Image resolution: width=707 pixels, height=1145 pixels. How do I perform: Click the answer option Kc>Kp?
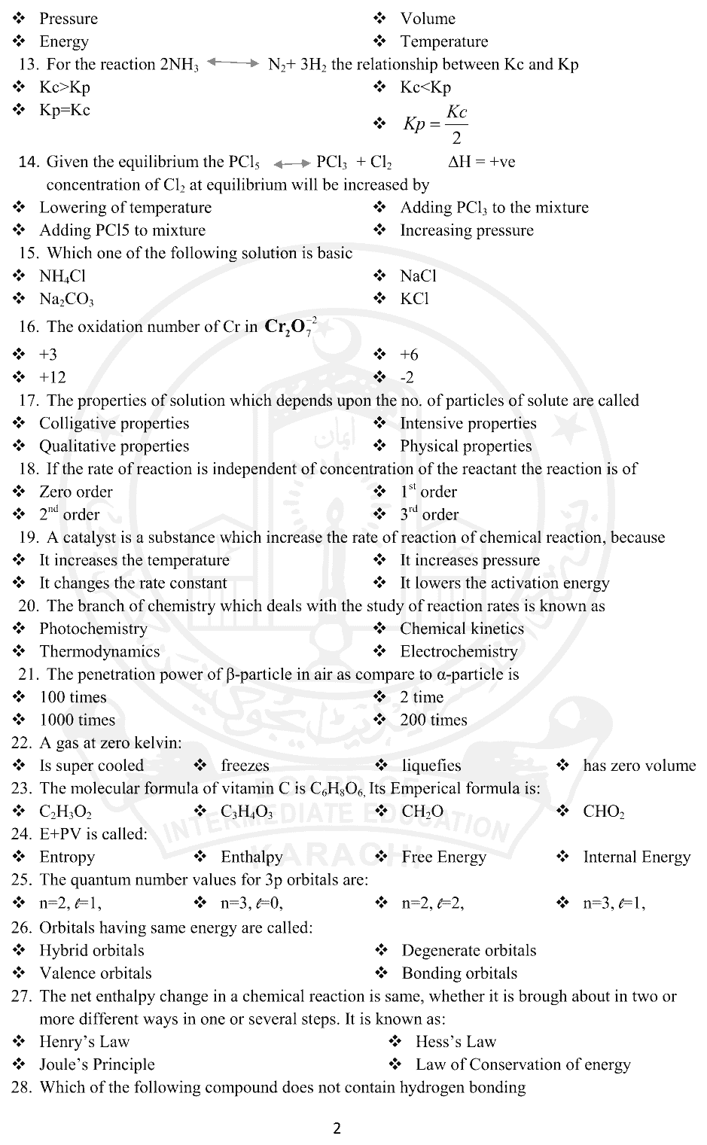(x=64, y=87)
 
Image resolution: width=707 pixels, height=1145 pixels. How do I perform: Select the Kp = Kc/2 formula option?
(x=436, y=124)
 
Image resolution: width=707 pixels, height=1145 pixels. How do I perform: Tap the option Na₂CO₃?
(x=66, y=299)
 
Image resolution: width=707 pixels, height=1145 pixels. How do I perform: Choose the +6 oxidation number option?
(x=409, y=355)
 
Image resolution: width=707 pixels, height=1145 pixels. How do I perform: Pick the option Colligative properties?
(x=114, y=423)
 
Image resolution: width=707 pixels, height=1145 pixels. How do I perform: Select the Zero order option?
(x=75, y=492)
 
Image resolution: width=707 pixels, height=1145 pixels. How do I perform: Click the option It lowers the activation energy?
(x=504, y=583)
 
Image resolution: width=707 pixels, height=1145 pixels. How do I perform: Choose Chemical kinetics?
(x=462, y=629)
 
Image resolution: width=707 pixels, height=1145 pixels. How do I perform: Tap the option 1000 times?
(x=77, y=720)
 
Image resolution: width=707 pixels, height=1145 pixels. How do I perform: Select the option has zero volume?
(x=638, y=766)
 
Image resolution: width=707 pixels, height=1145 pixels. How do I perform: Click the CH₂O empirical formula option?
(x=422, y=812)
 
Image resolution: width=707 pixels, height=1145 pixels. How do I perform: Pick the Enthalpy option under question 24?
(x=251, y=857)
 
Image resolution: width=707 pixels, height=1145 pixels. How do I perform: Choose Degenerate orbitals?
(x=468, y=950)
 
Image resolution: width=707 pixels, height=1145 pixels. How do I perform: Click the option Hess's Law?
(x=456, y=1042)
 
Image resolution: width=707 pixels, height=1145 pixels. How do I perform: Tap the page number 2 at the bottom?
(x=337, y=1128)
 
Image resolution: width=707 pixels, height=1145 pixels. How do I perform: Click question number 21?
(x=28, y=675)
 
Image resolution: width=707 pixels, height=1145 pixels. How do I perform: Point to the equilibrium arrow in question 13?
(x=233, y=63)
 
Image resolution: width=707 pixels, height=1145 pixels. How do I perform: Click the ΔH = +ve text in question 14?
(x=482, y=162)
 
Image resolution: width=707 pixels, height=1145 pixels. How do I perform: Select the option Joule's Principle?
(x=96, y=1064)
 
